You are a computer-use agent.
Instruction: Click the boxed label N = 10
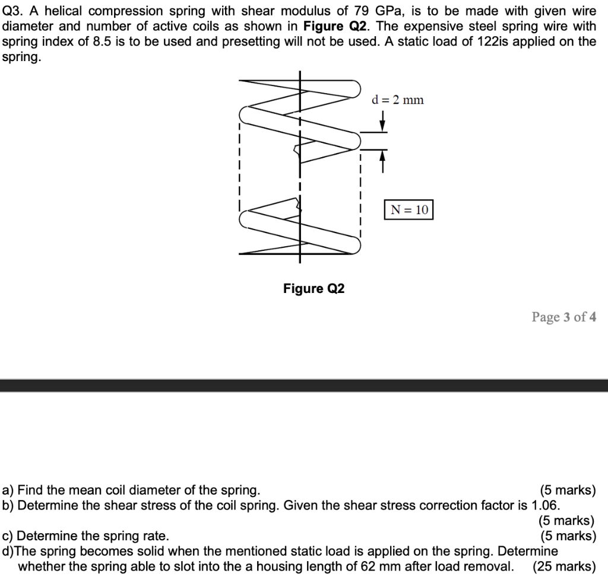pyautogui.click(x=409, y=210)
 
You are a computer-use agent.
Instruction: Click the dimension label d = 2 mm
pyautogui.click(x=397, y=100)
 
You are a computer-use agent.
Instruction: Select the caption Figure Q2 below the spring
pyautogui.click(x=313, y=289)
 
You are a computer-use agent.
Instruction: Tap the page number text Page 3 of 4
pyautogui.click(x=563, y=317)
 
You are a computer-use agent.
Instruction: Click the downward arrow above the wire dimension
pyautogui.click(x=383, y=123)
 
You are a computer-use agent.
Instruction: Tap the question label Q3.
pyautogui.click(x=12, y=11)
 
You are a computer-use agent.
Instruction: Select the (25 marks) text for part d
pyautogui.click(x=563, y=566)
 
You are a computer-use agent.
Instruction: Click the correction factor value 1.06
pyautogui.click(x=545, y=505)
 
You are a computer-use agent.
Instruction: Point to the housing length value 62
pyautogui.click(x=368, y=566)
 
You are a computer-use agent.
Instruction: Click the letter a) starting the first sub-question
pyautogui.click(x=8, y=490)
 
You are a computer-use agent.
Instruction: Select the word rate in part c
pyautogui.click(x=154, y=536)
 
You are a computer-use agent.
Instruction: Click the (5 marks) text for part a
pyautogui.click(x=567, y=490)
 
